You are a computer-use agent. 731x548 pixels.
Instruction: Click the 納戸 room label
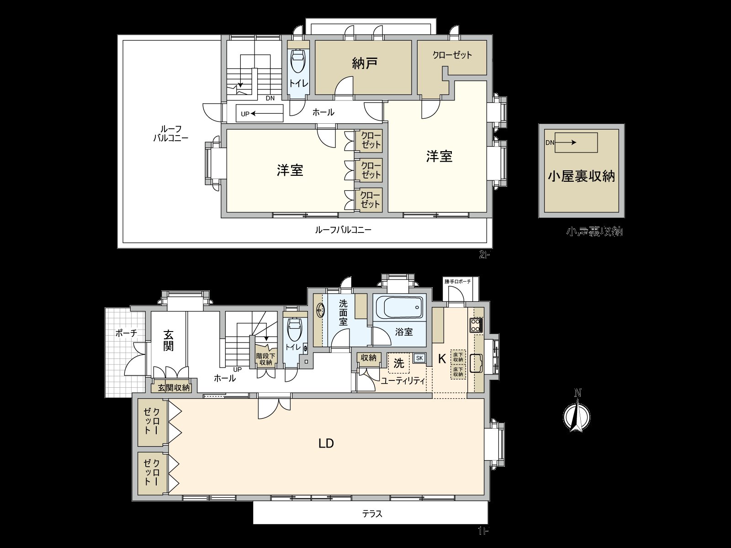click(x=365, y=63)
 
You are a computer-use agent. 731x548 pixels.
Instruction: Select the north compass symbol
click(x=577, y=414)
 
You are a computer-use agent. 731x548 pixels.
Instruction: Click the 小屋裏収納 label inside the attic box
click(x=581, y=176)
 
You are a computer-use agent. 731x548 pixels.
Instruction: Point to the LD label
click(x=326, y=443)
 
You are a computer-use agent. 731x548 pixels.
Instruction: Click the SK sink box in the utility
click(x=419, y=358)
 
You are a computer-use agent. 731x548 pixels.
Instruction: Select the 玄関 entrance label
click(x=168, y=340)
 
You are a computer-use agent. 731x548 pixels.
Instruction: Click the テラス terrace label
click(x=372, y=514)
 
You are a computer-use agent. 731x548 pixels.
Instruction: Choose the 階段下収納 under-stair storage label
click(x=265, y=359)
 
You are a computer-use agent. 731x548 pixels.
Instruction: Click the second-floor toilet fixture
click(x=298, y=61)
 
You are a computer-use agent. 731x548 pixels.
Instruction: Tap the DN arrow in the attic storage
click(x=566, y=142)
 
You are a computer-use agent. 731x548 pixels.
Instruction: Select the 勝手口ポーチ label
click(x=457, y=282)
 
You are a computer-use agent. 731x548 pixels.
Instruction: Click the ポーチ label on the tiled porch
click(x=126, y=333)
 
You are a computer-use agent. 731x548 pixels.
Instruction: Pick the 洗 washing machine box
click(x=399, y=364)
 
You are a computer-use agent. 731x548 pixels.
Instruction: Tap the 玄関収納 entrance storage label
click(x=174, y=388)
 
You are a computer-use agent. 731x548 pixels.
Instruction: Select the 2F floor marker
click(x=484, y=255)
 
